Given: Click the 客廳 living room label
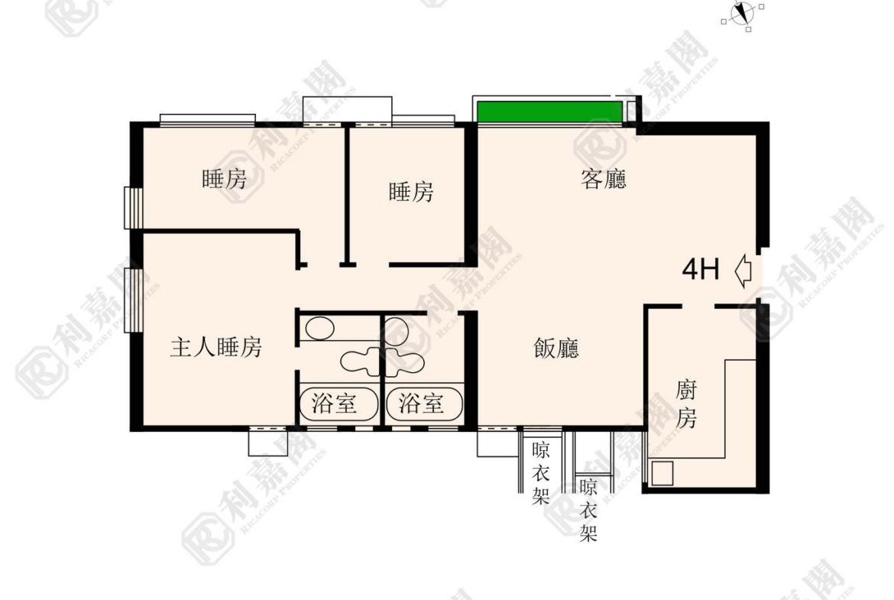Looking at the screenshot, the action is click(x=604, y=179).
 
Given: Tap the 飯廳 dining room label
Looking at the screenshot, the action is click(x=556, y=348).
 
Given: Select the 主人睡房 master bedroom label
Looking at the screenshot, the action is click(x=216, y=347).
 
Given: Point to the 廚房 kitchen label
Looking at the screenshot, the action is click(x=686, y=404).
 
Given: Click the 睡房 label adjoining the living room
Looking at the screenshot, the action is click(x=411, y=192).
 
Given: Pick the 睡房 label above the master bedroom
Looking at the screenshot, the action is click(x=225, y=179).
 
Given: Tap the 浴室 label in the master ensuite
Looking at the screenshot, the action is click(x=334, y=404).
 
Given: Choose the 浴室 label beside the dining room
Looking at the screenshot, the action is click(x=421, y=404).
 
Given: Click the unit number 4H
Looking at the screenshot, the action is click(x=701, y=268).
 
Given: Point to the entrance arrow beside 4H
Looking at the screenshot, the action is click(x=743, y=271).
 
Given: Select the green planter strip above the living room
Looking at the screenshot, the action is click(x=549, y=112).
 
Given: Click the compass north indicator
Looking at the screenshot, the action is click(x=743, y=13).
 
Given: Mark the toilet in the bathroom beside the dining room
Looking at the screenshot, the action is click(x=405, y=362).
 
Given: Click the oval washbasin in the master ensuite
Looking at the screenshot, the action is click(x=320, y=329).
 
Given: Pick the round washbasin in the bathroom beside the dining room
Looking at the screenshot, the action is click(x=397, y=331).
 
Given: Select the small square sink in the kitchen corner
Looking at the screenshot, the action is click(x=662, y=473).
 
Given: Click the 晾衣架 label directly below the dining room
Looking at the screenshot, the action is click(x=540, y=473).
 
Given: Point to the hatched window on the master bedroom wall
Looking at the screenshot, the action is click(x=134, y=300).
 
